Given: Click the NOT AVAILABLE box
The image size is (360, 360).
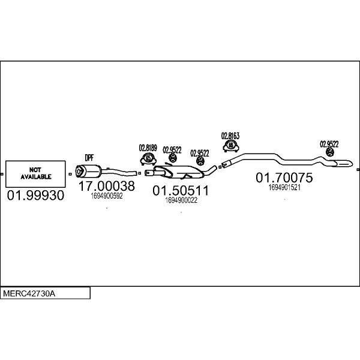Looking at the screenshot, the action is (x=35, y=174).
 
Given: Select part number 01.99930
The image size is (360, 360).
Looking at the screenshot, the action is (x=35, y=196).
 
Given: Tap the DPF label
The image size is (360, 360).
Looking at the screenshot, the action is (x=89, y=158).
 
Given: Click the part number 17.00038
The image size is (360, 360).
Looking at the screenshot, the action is (x=107, y=186).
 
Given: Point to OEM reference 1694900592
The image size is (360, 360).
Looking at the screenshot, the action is (x=107, y=196).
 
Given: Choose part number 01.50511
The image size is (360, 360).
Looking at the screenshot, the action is (x=181, y=191).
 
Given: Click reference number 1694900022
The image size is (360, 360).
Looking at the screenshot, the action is (x=181, y=200).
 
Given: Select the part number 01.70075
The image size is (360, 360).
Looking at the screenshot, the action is (x=284, y=178).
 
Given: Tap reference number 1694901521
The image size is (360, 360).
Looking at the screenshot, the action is (x=284, y=188).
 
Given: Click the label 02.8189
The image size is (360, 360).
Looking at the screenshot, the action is (x=148, y=148).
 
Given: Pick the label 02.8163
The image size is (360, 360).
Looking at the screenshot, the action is (x=230, y=136).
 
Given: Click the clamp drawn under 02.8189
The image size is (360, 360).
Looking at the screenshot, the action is (x=148, y=158).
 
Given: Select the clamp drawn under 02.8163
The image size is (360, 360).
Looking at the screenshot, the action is (x=231, y=146).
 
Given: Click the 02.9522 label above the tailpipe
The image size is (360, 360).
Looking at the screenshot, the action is (x=329, y=144).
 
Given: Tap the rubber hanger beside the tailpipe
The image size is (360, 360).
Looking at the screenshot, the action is (x=330, y=152).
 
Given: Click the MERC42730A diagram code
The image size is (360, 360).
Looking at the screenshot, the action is (x=29, y=293).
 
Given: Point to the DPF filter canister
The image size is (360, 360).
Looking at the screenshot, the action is (x=89, y=171).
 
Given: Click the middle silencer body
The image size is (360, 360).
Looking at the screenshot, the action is (x=179, y=172).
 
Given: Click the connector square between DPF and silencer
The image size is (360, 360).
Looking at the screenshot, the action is (x=140, y=173).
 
